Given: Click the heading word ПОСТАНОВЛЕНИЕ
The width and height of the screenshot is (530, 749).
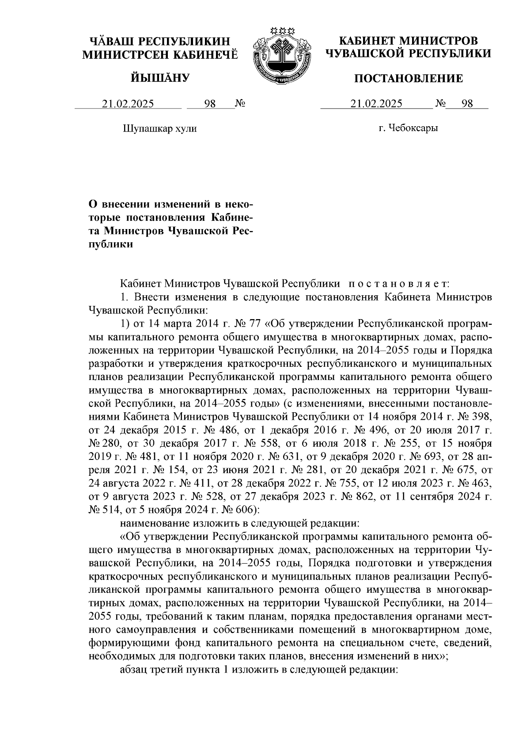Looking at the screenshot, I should (409, 79).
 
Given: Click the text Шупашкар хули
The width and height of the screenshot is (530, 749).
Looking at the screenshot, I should (159, 128).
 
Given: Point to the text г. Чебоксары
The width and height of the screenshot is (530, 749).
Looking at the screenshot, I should (408, 128).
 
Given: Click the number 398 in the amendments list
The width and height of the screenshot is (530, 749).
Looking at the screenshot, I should (481, 416).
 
